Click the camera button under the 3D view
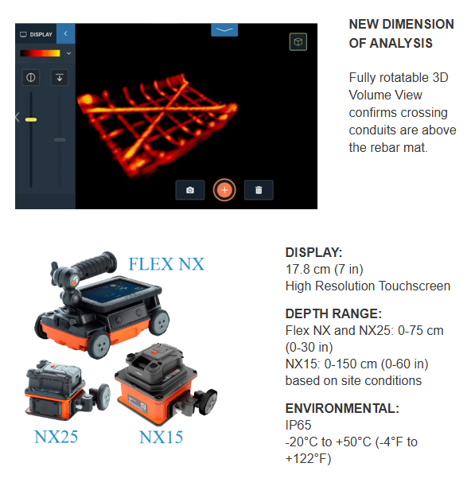coord(190,190)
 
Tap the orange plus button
coord(224,190)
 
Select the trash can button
coord(259,190)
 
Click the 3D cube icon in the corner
coord(298,41)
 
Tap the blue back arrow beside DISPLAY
coord(65,33)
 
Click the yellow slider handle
coord(31,120)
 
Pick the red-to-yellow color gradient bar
coord(40,53)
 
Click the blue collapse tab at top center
coord(224,29)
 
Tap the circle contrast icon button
coord(31,77)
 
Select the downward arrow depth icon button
coord(60,77)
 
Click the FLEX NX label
coord(166,264)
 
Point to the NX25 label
coord(56,437)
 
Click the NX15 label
coord(161,437)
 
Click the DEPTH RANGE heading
coord(333,313)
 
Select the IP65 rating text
coord(298,425)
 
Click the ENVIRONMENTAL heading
coord(342,408)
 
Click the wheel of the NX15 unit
coord(208,402)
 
